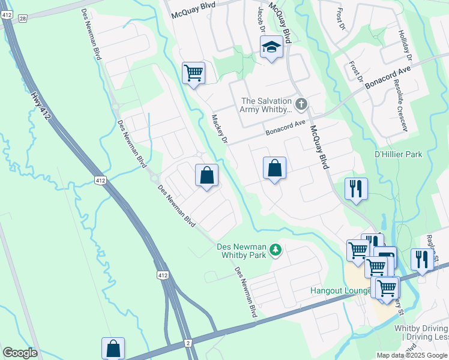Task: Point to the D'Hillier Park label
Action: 398,154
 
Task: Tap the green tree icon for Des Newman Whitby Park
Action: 276,249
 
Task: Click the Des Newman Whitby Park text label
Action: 240,251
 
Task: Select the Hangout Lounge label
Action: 340,291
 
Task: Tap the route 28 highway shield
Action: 23,19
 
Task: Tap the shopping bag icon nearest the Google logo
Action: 113,349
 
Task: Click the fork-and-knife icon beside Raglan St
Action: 422,259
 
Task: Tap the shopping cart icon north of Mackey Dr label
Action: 193,74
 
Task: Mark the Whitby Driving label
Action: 420,329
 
